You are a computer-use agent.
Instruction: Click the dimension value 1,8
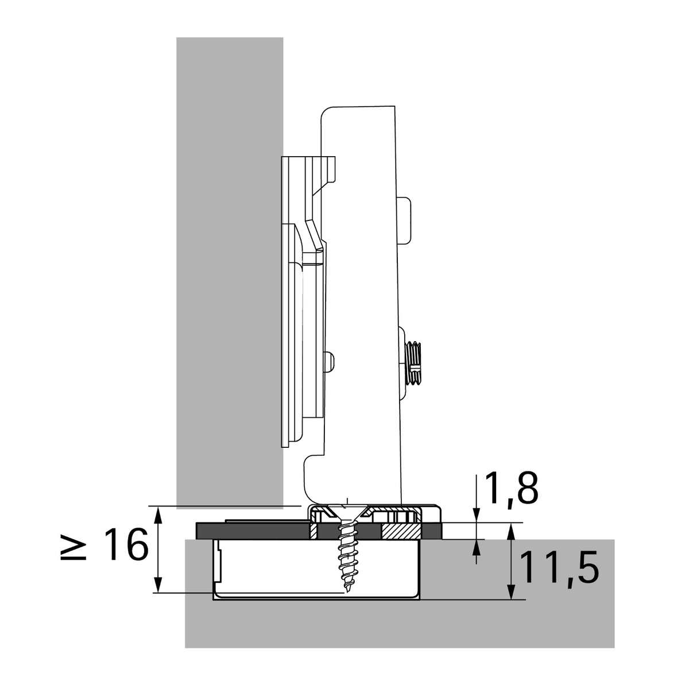tap(512, 488)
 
